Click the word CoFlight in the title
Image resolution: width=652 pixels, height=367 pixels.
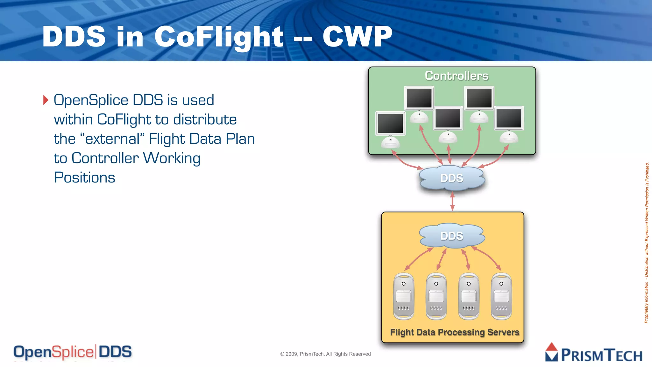click(x=219, y=37)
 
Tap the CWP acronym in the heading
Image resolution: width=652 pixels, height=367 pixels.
click(x=357, y=37)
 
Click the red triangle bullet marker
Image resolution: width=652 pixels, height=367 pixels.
click(x=46, y=100)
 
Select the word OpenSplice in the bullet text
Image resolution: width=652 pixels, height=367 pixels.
click(x=91, y=100)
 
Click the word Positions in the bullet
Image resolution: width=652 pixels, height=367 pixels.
click(x=84, y=178)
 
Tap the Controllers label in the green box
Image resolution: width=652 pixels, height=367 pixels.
click(x=456, y=76)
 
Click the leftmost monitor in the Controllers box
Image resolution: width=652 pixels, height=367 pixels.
click(x=390, y=124)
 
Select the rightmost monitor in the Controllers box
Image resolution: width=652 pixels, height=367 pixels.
click(x=509, y=119)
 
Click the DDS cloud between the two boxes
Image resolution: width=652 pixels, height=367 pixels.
click(x=452, y=178)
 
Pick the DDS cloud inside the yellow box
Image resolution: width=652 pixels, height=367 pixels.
click(x=452, y=236)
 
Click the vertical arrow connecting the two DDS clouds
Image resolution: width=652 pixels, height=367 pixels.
click(x=452, y=201)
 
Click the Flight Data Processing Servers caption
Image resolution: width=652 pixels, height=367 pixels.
click(x=455, y=332)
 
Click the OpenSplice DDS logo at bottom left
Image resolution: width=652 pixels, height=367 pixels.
click(x=73, y=352)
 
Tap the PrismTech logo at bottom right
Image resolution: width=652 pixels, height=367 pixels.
click(x=594, y=353)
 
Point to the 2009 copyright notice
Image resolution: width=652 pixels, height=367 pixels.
click(x=325, y=354)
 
